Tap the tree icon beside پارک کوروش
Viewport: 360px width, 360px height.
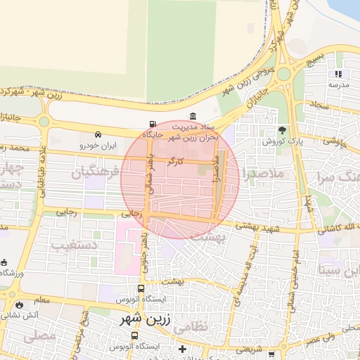click(x=283, y=130)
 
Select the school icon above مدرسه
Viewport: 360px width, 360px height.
click(x=338, y=74)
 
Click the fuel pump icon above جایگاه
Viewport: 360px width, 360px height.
click(x=153, y=124)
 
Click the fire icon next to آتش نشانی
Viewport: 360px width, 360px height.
click(x=18, y=305)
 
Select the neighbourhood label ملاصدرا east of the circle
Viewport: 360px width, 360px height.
click(x=262, y=172)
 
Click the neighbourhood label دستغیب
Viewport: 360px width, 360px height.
click(x=73, y=245)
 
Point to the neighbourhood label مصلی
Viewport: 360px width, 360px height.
click(x=39, y=336)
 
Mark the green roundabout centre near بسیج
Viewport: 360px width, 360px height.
click(x=284, y=74)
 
